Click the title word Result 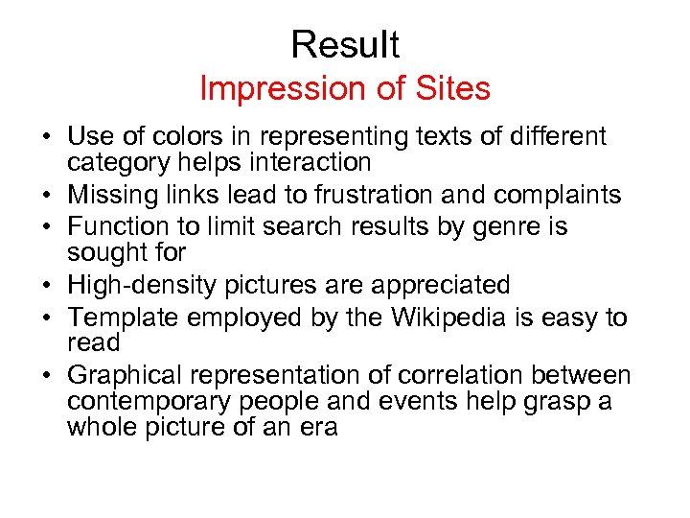[x=345, y=44]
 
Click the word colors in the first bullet [x=200, y=137]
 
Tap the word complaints [x=568, y=197]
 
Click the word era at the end [x=319, y=427]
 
